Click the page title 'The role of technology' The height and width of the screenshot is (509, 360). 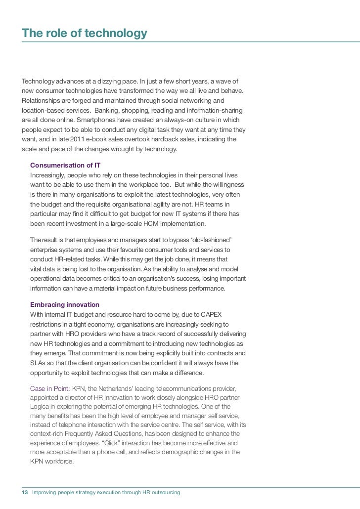(x=85, y=33)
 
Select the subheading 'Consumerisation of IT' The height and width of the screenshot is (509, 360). (x=65, y=165)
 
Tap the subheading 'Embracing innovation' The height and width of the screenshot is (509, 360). (x=65, y=304)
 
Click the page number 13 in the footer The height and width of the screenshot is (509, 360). (x=25, y=493)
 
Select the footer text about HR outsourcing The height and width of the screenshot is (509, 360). (x=106, y=493)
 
